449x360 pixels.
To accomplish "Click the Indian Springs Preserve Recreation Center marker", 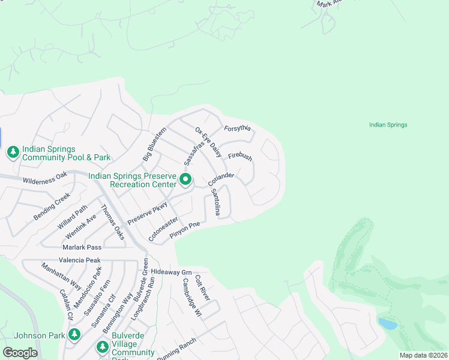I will [186, 179].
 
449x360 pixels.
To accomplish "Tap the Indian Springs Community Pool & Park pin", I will [13, 153].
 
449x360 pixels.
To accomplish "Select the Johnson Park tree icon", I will [74, 335].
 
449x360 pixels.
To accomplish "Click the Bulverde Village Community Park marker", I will [102, 347].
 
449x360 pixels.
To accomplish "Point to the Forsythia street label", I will [237, 128].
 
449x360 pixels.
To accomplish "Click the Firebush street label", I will [240, 156].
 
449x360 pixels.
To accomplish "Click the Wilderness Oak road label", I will [45, 178].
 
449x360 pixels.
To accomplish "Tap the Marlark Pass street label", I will [82, 247].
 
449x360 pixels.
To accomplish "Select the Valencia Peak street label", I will [79, 260].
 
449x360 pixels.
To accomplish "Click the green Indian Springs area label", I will [388, 125].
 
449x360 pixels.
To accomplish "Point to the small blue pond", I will [388, 324].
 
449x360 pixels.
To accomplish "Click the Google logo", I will [20, 352].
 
